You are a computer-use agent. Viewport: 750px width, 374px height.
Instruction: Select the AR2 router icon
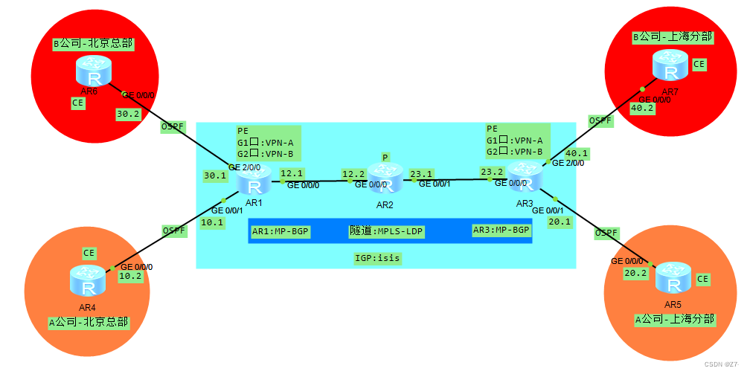click(385, 178)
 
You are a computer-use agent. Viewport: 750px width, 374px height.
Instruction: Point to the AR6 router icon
click(94, 71)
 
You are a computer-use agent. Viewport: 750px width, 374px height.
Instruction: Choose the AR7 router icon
click(671, 67)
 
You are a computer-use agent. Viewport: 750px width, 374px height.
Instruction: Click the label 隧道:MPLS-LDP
click(386, 231)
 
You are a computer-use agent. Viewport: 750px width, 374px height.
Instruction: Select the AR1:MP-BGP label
click(281, 231)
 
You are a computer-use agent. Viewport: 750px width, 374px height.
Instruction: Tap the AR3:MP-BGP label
click(501, 230)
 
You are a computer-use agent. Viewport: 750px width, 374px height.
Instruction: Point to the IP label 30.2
click(128, 114)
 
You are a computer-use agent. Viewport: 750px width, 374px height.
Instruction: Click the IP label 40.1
click(577, 154)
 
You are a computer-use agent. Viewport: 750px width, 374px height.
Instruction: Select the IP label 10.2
click(130, 276)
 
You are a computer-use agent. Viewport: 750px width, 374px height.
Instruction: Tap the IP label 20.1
click(559, 222)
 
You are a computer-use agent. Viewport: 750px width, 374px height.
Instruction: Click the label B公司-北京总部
click(93, 43)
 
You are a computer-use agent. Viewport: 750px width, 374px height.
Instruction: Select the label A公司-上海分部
click(674, 319)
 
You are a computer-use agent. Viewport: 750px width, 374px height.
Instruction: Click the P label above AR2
click(385, 157)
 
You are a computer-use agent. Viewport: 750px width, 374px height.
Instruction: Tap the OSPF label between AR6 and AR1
click(172, 127)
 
